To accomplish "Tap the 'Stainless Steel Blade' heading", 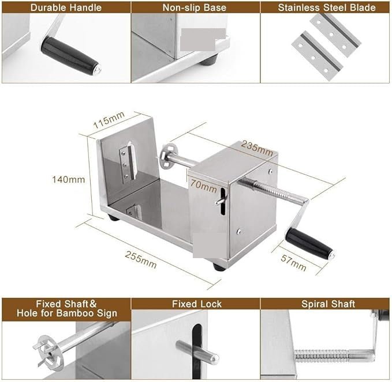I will tap(326, 7).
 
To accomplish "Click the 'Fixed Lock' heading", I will tap(196, 304).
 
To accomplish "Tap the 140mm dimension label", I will tap(68, 179).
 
